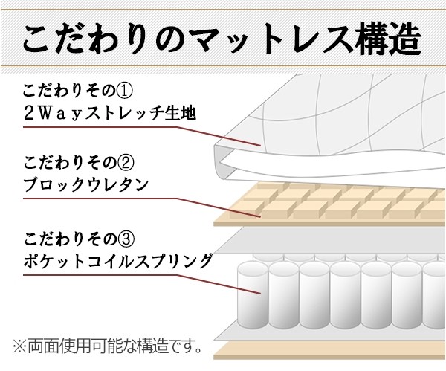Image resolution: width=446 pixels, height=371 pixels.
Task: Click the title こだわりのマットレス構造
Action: pyautogui.click(x=222, y=39)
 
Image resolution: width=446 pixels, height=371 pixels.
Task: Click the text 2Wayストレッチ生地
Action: pyautogui.click(x=110, y=113)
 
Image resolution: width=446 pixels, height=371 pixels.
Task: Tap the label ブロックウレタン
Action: pyautogui.click(x=86, y=184)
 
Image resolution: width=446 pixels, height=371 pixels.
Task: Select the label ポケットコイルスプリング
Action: pyautogui.click(x=117, y=261)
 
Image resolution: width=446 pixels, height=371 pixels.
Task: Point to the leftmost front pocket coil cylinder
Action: pyautogui.click(x=253, y=295)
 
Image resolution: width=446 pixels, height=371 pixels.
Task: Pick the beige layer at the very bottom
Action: pyautogui.click(x=330, y=350)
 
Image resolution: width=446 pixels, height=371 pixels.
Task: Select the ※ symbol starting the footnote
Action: pyautogui.click(x=19, y=346)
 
